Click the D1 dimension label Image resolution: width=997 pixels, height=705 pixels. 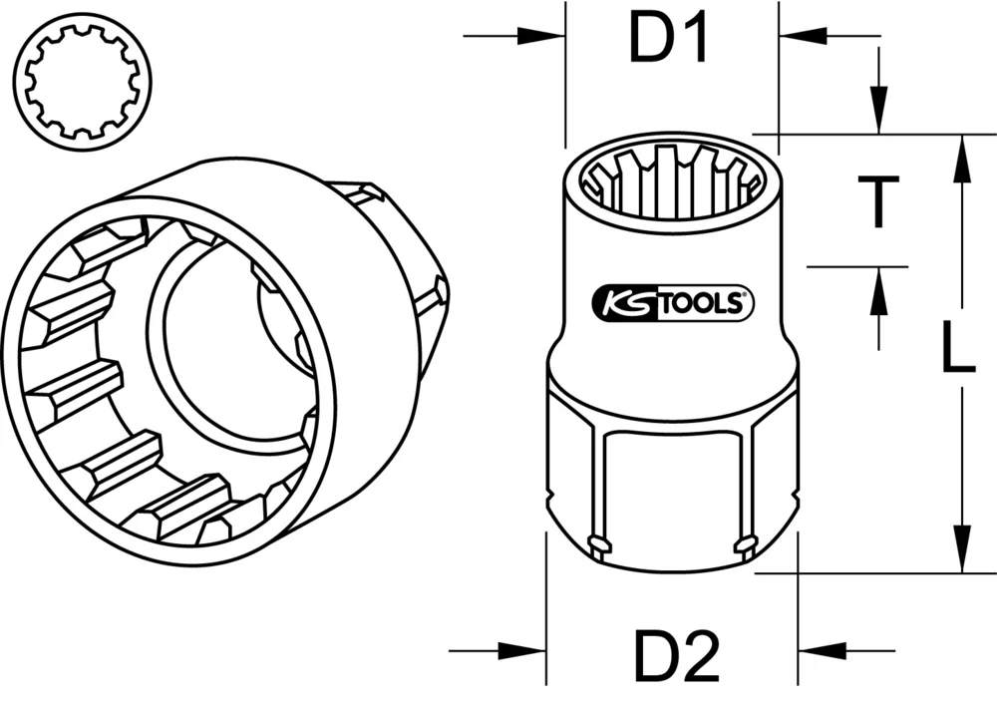coord(668,40)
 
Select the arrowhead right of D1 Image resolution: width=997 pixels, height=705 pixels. coord(796,38)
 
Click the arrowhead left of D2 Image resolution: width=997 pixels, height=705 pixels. coord(528,653)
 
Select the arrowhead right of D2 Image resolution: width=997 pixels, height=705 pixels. coord(818,653)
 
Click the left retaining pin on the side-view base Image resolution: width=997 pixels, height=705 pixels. coord(598,543)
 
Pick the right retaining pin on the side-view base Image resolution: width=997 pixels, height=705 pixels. coord(745,543)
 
